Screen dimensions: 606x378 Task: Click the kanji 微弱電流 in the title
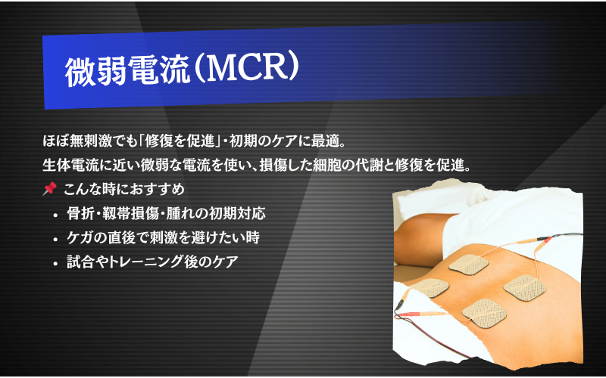pyautogui.click(x=127, y=73)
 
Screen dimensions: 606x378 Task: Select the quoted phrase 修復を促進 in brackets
pyautogui.click(x=180, y=141)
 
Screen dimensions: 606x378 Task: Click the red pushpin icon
pyautogui.click(x=49, y=188)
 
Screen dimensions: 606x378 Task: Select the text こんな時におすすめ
pyautogui.click(x=124, y=190)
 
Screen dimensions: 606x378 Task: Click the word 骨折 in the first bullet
pyautogui.click(x=80, y=213)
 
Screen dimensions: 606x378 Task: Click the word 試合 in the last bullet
pyautogui.click(x=80, y=262)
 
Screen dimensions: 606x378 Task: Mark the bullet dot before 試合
pyautogui.click(x=56, y=264)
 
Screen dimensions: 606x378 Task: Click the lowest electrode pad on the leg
pyautogui.click(x=484, y=313)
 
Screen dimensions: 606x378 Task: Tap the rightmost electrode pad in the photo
pyautogui.click(x=524, y=288)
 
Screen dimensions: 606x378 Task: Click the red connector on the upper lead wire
pyautogui.click(x=547, y=240)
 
